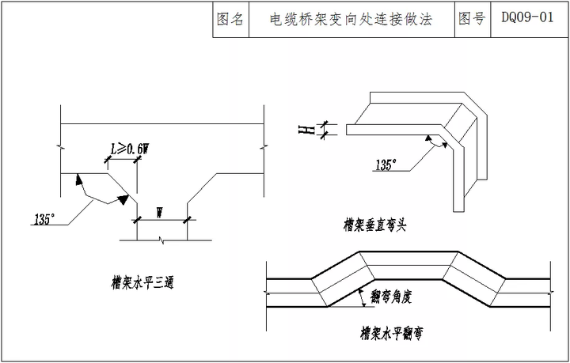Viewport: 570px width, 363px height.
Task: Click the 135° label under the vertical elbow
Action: [x=386, y=165]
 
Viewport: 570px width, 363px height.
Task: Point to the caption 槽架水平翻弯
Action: [x=391, y=334]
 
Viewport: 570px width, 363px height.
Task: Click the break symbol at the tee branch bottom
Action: [x=163, y=238]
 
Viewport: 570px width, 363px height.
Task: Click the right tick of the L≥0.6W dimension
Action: [x=138, y=159]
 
